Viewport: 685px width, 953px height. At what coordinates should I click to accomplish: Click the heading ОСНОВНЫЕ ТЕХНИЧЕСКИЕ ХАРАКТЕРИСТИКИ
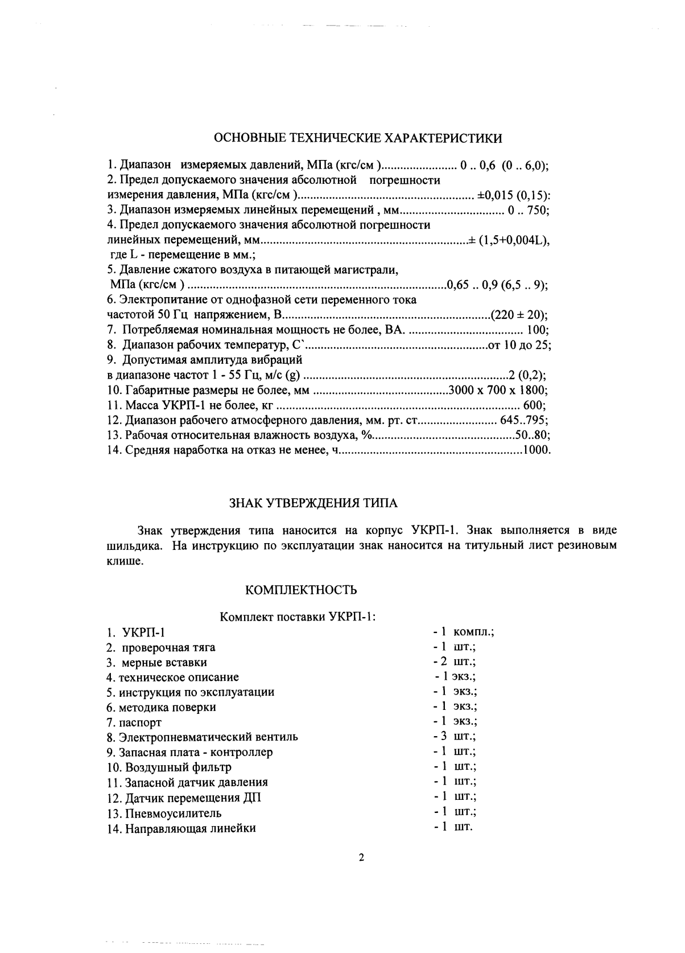(358, 138)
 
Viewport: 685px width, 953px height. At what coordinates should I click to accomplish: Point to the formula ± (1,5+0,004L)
(508, 240)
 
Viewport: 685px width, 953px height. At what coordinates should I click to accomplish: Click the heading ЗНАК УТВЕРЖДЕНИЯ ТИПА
(313, 503)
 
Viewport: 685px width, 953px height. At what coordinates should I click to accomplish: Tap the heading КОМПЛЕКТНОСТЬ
(301, 590)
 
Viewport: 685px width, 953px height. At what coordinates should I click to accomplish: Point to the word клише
(122, 560)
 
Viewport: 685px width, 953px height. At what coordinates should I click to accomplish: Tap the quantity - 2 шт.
(454, 662)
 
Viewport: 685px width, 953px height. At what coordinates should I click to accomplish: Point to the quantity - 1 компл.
(463, 632)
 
